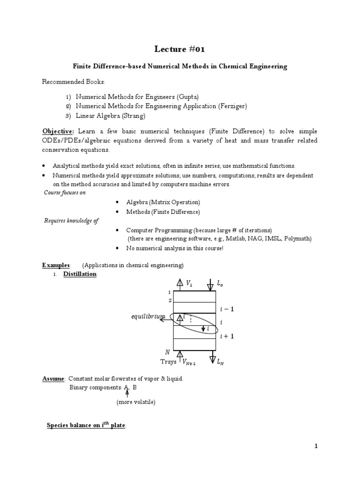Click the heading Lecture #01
(x=180, y=49)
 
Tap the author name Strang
(x=133, y=115)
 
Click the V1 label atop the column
(x=189, y=283)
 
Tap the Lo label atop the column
(x=220, y=283)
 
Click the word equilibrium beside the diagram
(x=148, y=317)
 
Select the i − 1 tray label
(x=227, y=309)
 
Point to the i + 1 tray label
(x=227, y=336)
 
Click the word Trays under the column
(x=168, y=361)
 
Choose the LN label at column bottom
(x=221, y=362)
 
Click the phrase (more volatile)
(x=136, y=402)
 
